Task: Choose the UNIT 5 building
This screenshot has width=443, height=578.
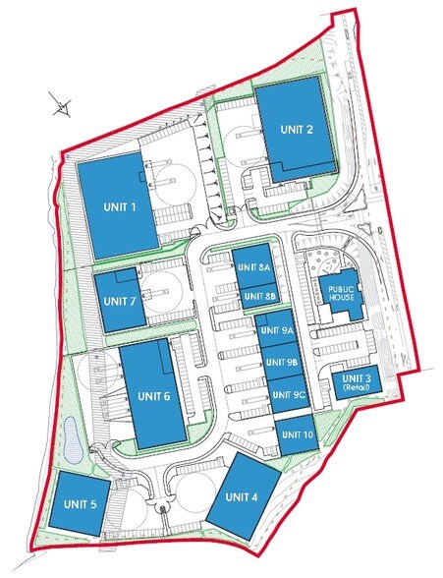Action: pyautogui.click(x=81, y=504)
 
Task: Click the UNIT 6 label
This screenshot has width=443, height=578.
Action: pyautogui.click(x=154, y=396)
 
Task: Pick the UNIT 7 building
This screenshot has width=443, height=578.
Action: pyautogui.click(x=117, y=300)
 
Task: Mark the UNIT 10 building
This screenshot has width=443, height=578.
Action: pyautogui.click(x=294, y=434)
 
